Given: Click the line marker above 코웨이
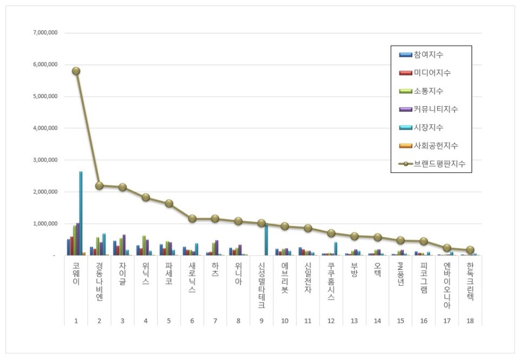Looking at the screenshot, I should click(76, 71).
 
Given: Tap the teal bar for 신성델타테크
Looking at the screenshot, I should click(266, 240).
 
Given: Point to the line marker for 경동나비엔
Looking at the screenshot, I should click(99, 185).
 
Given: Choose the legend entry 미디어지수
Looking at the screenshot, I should click(432, 73).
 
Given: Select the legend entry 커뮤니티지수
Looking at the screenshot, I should click(435, 110).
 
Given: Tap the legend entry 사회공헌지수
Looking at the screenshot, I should click(435, 145).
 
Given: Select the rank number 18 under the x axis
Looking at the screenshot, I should click(470, 322).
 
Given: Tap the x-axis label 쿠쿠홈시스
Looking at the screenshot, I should click(331, 282).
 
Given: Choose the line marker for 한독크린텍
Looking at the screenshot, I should click(470, 250).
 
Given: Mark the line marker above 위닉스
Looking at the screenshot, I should click(146, 197).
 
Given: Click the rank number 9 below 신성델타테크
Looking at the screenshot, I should click(261, 322).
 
